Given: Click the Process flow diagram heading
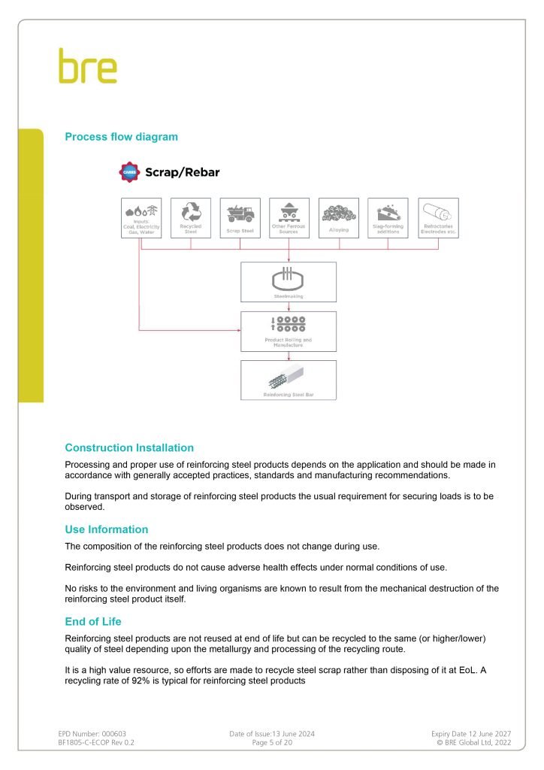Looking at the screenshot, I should point(121,137).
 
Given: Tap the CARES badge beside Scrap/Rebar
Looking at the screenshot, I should point(129,172).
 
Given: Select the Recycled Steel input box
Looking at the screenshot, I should point(191,218).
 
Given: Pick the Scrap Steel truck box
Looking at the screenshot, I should point(240,218).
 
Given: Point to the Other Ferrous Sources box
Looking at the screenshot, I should point(289,218).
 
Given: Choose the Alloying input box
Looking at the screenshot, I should point(339,218).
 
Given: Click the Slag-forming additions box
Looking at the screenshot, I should point(388,218).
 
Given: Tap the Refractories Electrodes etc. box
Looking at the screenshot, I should point(438,218).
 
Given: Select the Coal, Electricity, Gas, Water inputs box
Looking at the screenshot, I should point(141,218).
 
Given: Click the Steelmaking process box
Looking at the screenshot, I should point(289,282).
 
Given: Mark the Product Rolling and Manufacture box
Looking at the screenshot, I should point(289,332).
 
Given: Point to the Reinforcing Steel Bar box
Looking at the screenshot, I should point(289,380).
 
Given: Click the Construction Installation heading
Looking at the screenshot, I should point(129,447).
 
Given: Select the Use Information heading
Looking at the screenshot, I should point(107,529).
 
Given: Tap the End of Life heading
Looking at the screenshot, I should point(93,622).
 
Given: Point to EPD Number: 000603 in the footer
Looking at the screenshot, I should point(98,733).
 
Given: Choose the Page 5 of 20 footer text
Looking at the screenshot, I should point(271,742).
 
